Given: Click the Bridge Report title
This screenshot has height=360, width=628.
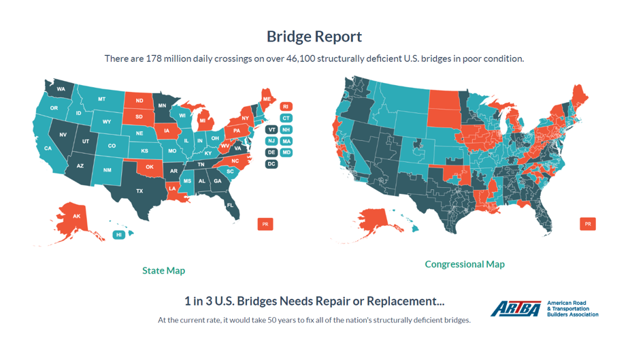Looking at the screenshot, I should (x=314, y=36).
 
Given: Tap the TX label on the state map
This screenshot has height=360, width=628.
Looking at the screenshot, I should (x=139, y=191).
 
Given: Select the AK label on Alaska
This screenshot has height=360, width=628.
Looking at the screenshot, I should (x=76, y=216).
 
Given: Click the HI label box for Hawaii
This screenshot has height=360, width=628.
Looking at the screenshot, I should (x=119, y=235).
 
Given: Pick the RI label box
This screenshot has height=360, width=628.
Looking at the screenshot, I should (x=286, y=107).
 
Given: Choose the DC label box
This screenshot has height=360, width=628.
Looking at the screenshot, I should (x=271, y=164).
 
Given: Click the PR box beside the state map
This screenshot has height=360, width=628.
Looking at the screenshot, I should (x=265, y=224).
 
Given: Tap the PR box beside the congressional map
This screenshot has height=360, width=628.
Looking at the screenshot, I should (x=588, y=224).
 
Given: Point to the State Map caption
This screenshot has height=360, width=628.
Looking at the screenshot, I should (x=163, y=271).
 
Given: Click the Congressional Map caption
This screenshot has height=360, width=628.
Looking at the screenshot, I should (x=465, y=264).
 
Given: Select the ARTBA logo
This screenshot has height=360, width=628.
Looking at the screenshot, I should (x=516, y=310).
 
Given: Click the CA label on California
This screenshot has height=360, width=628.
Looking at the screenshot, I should (x=48, y=148).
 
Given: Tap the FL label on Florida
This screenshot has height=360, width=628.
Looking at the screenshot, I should (x=230, y=206).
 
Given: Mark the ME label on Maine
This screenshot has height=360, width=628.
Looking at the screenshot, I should (x=267, y=99).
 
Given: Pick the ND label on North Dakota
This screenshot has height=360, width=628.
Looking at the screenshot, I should (x=139, y=101).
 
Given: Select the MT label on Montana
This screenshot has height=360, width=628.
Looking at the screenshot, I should (x=101, y=99).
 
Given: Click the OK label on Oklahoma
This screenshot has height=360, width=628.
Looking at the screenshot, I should (x=149, y=167).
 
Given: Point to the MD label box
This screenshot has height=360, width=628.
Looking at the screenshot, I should (x=286, y=152).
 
